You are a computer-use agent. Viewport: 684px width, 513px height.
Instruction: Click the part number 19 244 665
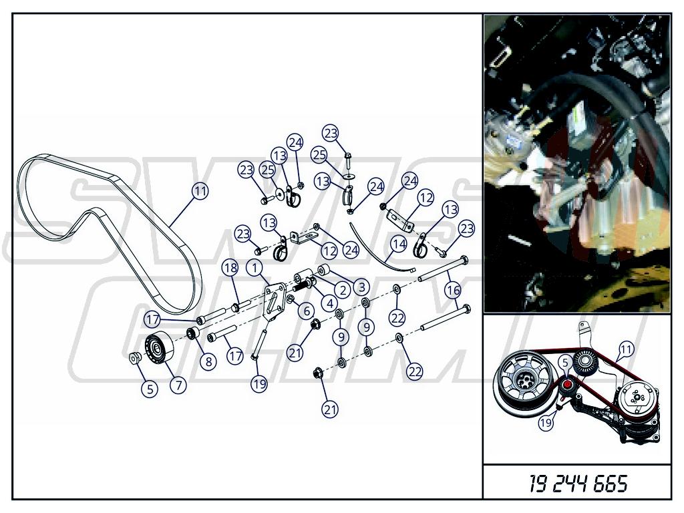[578, 484]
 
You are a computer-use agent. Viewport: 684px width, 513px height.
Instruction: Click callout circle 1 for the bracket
[254, 267]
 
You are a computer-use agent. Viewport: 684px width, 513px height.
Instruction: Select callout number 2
[343, 290]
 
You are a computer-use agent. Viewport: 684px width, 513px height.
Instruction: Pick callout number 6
[307, 311]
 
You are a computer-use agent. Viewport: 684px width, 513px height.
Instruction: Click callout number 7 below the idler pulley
[178, 385]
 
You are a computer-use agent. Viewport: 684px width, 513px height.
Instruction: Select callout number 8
[208, 361]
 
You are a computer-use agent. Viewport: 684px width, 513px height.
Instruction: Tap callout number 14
[399, 244]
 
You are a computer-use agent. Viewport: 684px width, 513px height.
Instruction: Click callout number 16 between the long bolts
[454, 290]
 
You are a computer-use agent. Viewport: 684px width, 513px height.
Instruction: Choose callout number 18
[230, 267]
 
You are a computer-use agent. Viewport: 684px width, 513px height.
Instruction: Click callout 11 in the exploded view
[200, 191]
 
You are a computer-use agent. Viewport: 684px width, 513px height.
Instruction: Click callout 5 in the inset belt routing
[565, 363]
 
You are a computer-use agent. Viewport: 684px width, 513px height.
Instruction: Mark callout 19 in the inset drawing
[546, 422]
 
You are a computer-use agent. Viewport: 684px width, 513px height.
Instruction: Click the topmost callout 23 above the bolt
[331, 133]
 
